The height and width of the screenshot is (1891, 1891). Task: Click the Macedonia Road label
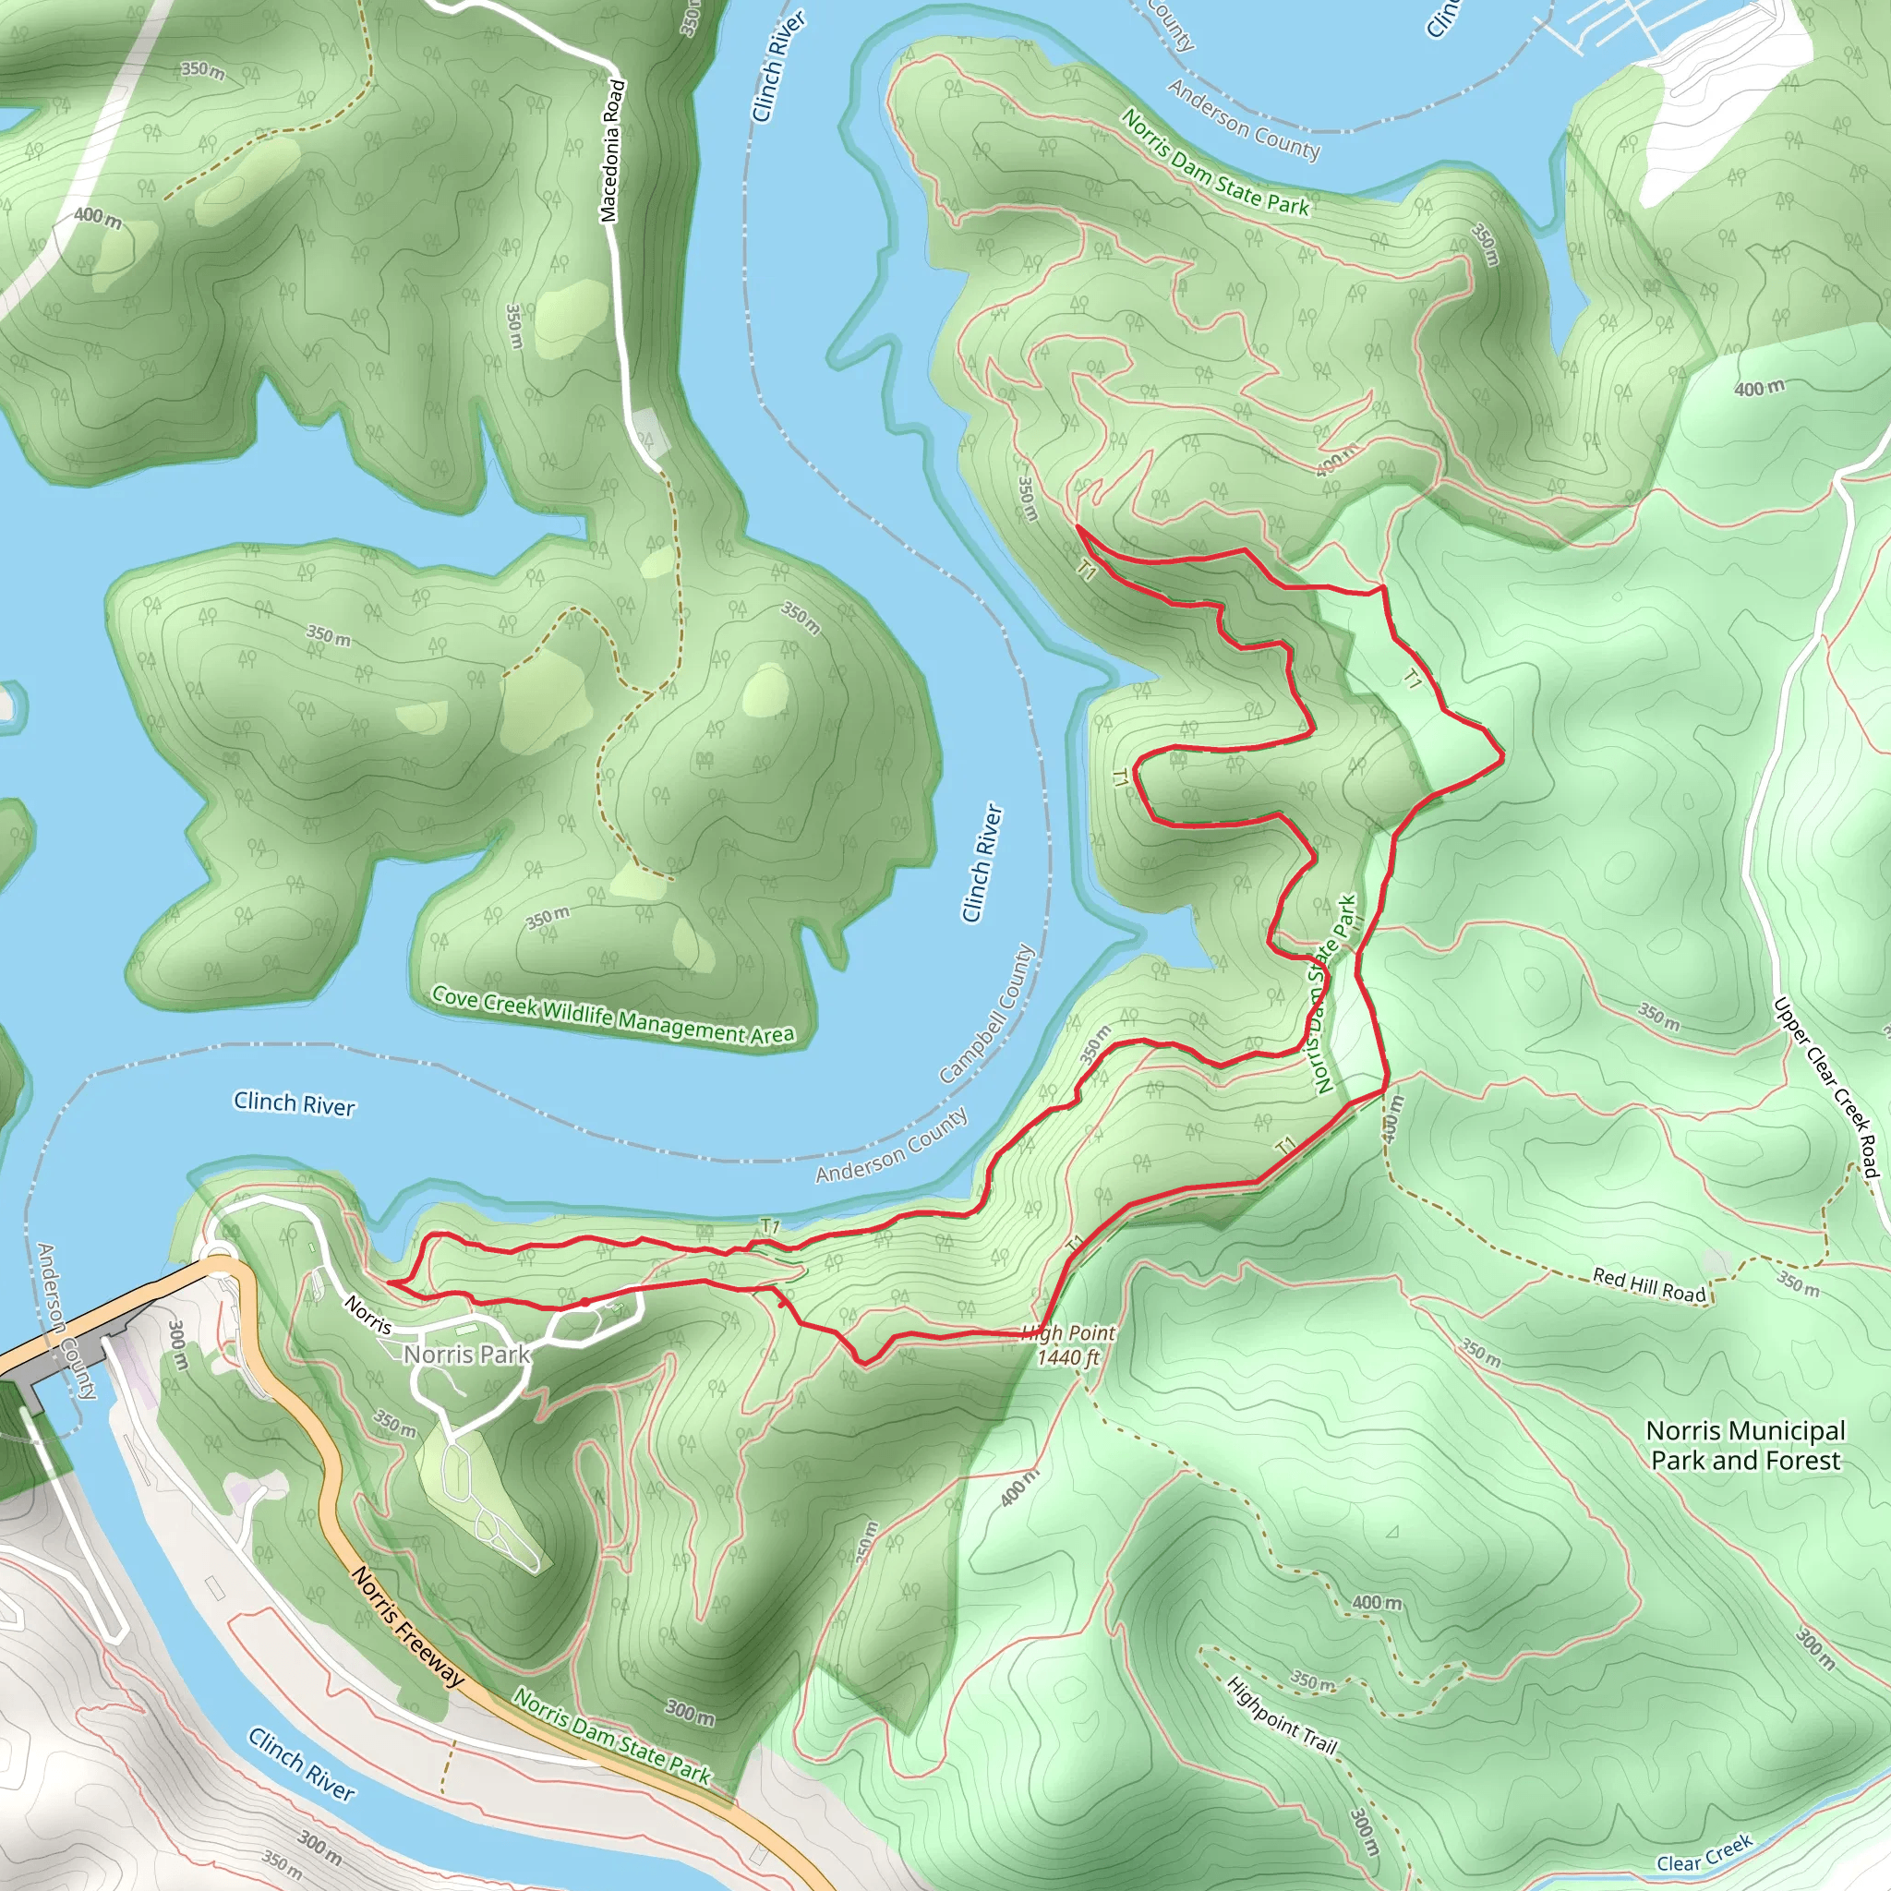pyautogui.click(x=613, y=151)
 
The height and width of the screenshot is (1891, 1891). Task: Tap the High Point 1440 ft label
pyautogui.click(x=1068, y=1344)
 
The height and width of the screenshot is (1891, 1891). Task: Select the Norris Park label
pyautogui.click(x=467, y=1355)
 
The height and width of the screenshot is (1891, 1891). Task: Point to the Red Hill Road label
pyautogui.click(x=1649, y=1285)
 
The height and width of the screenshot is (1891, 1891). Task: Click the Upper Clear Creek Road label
pyautogui.click(x=1826, y=1088)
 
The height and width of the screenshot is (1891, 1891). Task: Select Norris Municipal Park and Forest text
pyautogui.click(x=1745, y=1446)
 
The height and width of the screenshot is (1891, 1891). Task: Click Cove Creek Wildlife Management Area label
pyautogui.click(x=613, y=1016)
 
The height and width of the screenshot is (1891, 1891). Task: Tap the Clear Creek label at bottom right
pyautogui.click(x=1704, y=1854)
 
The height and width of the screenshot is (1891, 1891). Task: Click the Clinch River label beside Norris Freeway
pyautogui.click(x=301, y=1765)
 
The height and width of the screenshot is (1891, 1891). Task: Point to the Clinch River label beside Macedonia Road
pyautogui.click(x=779, y=66)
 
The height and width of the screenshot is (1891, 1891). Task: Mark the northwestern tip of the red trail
pyautogui.click(x=1078, y=526)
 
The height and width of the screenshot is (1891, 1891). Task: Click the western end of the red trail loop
pyautogui.click(x=389, y=1283)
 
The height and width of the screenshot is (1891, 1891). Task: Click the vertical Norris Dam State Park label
pyautogui.click(x=1334, y=994)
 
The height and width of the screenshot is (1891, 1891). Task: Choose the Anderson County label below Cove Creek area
pyautogui.click(x=892, y=1145)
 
